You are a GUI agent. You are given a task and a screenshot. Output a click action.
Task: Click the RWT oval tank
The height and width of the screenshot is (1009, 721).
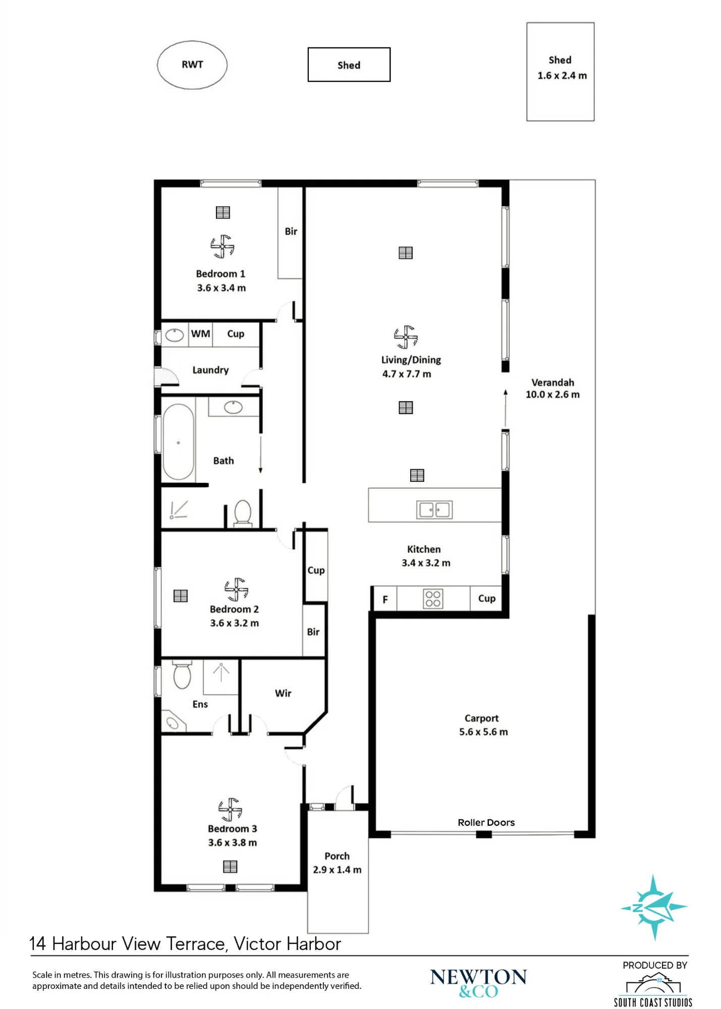tap(192, 65)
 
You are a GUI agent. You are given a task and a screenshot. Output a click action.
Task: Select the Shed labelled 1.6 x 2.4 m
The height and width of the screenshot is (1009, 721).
tap(560, 72)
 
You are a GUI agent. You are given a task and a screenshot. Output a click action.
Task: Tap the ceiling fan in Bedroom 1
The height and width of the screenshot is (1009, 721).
tap(222, 246)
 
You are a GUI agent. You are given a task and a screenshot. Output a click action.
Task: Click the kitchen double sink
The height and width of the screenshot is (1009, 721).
tap(434, 510)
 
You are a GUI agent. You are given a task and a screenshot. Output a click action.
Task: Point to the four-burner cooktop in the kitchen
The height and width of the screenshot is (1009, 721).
tap(433, 598)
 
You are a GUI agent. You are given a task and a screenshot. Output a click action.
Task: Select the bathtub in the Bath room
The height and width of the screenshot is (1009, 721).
tap(178, 441)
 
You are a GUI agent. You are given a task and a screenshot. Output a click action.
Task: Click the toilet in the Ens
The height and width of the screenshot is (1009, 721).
tap(182, 675)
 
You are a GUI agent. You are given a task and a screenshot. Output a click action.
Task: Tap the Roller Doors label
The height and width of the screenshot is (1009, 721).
tap(486, 822)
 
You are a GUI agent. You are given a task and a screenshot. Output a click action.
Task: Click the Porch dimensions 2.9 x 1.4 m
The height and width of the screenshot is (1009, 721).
tap(337, 870)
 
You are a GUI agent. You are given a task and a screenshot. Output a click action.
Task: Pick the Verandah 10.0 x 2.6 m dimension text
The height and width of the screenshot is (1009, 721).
tap(552, 395)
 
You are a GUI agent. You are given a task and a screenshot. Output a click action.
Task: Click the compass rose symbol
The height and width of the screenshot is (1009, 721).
tap(653, 907)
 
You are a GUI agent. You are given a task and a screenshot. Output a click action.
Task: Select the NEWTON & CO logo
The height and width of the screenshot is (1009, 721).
tap(478, 983)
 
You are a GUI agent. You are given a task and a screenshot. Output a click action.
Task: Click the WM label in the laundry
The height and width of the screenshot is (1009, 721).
tap(200, 333)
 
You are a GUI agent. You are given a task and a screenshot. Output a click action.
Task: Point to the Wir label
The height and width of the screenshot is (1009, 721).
tap(283, 693)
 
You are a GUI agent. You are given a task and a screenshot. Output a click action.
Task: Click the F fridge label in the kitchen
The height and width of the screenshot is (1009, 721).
tap(385, 599)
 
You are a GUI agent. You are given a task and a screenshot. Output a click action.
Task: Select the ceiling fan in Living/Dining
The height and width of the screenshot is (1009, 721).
tap(406, 337)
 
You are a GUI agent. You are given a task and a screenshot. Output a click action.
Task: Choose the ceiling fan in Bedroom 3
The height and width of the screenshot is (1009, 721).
tap(230, 810)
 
